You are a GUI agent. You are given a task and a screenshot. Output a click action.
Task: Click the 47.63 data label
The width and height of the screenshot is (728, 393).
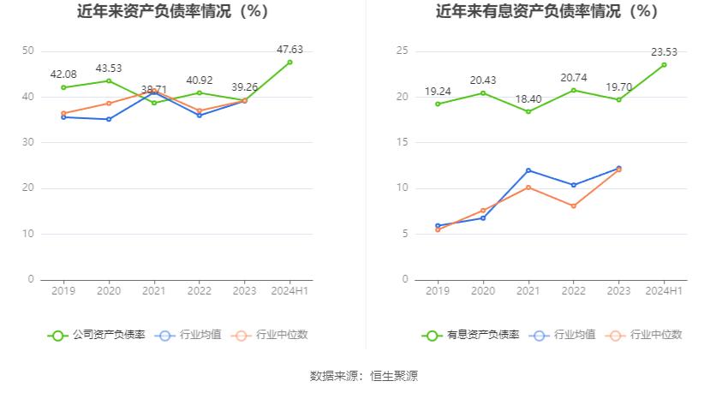tap(289, 50)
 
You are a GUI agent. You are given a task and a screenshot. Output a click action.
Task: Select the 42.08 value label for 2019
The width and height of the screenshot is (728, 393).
tap(63, 74)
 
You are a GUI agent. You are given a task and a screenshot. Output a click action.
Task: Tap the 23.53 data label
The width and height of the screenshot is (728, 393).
tap(664, 52)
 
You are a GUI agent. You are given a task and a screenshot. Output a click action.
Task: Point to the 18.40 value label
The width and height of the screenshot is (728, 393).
tap(528, 99)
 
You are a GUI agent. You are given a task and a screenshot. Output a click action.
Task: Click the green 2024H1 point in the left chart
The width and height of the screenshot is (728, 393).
tap(289, 63)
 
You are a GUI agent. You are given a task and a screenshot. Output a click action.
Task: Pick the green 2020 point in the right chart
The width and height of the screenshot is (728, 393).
tap(483, 93)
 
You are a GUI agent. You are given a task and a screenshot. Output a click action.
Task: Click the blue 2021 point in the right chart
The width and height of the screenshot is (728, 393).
tap(528, 170)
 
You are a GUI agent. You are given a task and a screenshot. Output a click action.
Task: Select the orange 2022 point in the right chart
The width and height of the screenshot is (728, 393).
tap(574, 205)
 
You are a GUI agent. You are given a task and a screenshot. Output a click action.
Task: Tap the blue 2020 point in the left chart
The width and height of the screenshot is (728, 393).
tap(109, 119)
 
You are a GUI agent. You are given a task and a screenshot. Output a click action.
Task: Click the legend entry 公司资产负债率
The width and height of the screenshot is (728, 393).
tap(96, 335)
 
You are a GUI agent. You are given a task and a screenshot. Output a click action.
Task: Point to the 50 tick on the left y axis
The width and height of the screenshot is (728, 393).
tap(28, 51)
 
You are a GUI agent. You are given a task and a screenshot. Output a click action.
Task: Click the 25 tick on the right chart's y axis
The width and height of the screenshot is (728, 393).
tap(403, 51)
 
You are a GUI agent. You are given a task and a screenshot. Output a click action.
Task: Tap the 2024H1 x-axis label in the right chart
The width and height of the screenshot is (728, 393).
tap(664, 291)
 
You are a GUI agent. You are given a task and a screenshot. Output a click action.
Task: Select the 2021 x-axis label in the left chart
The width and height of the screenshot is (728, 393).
tap(154, 291)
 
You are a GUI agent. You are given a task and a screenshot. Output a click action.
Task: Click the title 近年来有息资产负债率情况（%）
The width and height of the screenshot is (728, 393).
tap(546, 12)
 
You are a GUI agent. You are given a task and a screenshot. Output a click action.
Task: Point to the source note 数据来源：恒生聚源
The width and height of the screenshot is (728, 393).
tap(364, 376)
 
